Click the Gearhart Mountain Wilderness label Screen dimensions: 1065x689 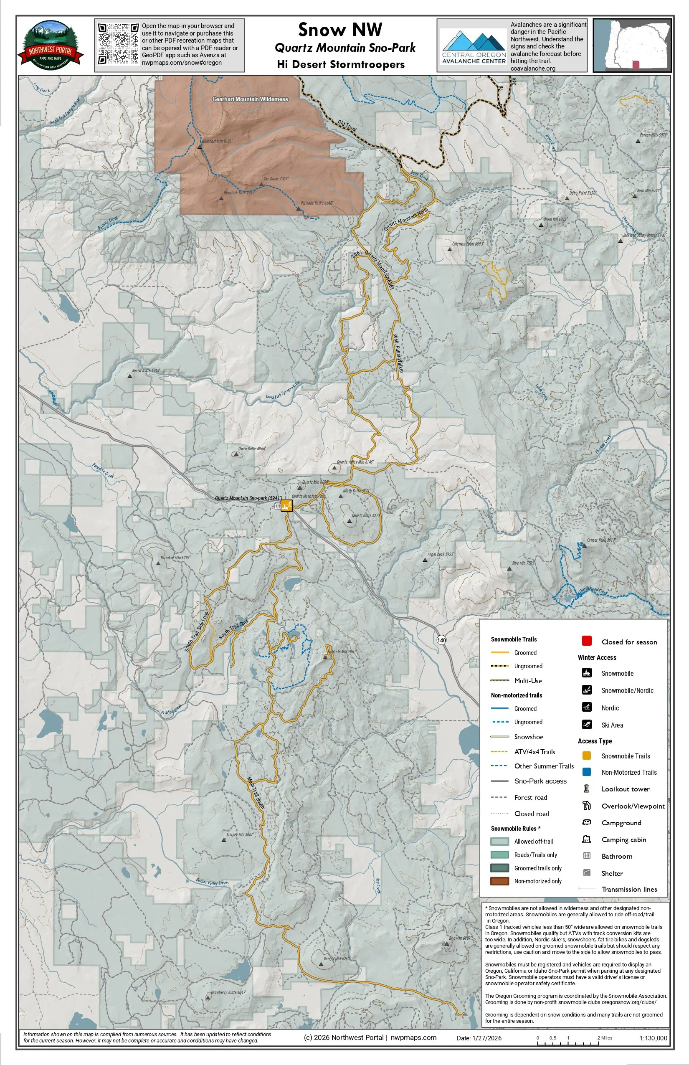[250, 99]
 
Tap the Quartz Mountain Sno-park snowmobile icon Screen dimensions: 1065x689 [287, 506]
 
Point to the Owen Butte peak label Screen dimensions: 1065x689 [252, 449]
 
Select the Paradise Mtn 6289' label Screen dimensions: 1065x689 [175, 558]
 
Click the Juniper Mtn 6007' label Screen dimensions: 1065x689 [240, 834]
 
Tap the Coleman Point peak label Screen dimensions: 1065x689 [467, 244]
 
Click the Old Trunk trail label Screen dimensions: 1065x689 [347, 126]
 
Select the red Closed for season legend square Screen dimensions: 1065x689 [587, 641]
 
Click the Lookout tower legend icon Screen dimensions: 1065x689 [587, 789]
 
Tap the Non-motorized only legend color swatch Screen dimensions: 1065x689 [499, 881]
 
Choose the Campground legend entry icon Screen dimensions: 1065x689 [587, 822]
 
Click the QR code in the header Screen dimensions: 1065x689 [118, 44]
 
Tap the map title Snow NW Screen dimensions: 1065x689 [340, 30]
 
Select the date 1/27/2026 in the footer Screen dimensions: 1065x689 [479, 1038]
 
